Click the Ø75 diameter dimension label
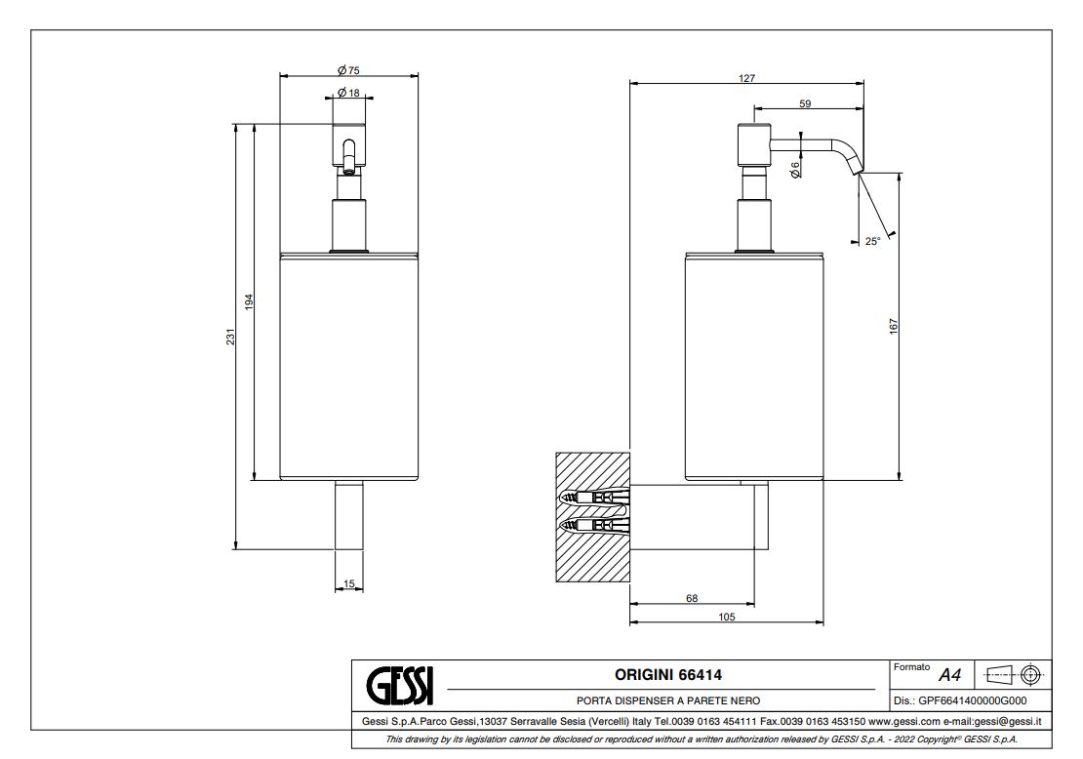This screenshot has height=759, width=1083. (348, 69)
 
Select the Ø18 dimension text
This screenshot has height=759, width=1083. (348, 93)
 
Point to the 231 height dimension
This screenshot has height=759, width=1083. (230, 337)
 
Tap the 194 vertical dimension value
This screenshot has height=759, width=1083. (250, 301)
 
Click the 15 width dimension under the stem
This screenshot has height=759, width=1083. (349, 583)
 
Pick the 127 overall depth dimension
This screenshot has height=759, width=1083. (746, 78)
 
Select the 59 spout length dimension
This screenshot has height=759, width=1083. (805, 103)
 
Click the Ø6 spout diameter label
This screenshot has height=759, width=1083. (796, 170)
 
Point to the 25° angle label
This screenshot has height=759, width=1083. (872, 241)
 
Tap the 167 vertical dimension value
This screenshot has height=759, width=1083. (893, 327)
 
